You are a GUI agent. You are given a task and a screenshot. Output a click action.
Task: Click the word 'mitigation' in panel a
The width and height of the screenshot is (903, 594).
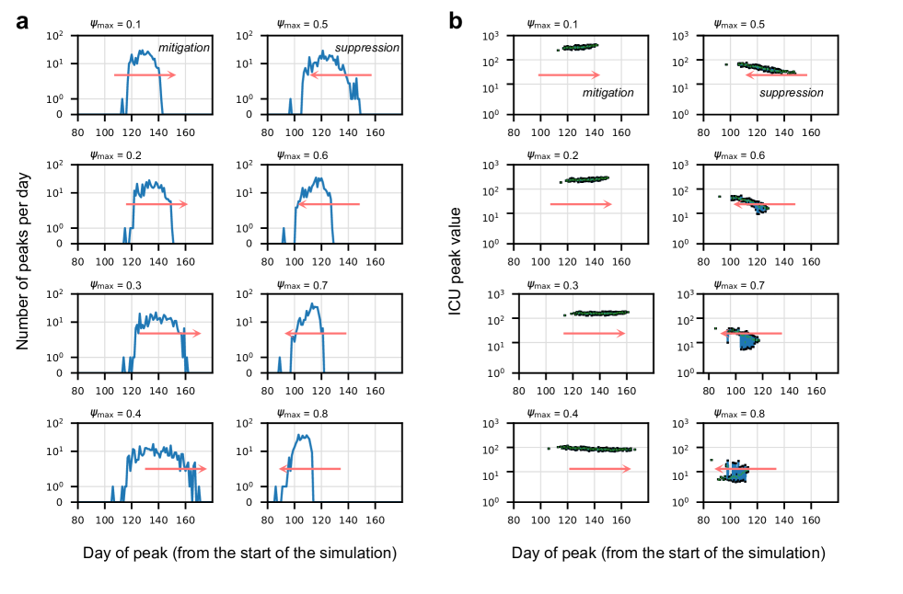pyautogui.click(x=184, y=47)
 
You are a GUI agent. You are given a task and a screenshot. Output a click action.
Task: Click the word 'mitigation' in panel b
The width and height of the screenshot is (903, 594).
pyautogui.click(x=608, y=92)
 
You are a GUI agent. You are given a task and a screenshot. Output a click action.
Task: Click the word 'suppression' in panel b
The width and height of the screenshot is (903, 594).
pyautogui.click(x=791, y=92)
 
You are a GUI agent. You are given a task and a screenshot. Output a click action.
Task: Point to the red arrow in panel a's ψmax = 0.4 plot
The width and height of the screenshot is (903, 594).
pyautogui.click(x=175, y=469)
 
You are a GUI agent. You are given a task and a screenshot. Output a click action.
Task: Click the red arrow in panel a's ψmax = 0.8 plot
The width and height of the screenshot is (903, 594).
pyautogui.click(x=310, y=469)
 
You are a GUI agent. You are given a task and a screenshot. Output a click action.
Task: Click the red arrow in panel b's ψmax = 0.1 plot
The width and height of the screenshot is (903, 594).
pyautogui.click(x=569, y=74)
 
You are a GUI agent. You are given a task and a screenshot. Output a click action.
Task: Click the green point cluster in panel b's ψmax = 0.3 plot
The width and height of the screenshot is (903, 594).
pyautogui.click(x=599, y=313)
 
